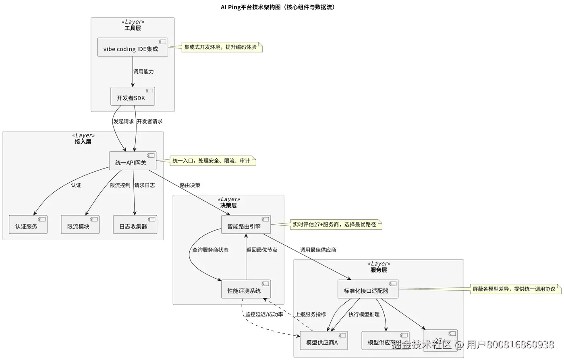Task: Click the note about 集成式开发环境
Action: point(222,47)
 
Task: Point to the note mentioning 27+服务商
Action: point(336,225)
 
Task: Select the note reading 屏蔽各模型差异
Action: point(515,289)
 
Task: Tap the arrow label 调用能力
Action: point(143,72)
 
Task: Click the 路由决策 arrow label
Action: point(190,185)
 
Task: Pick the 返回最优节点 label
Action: point(262,250)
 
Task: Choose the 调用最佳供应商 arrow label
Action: point(318,250)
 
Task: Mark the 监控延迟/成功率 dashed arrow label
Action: point(264,314)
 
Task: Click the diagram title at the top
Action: point(278,7)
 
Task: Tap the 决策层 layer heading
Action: point(228,206)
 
